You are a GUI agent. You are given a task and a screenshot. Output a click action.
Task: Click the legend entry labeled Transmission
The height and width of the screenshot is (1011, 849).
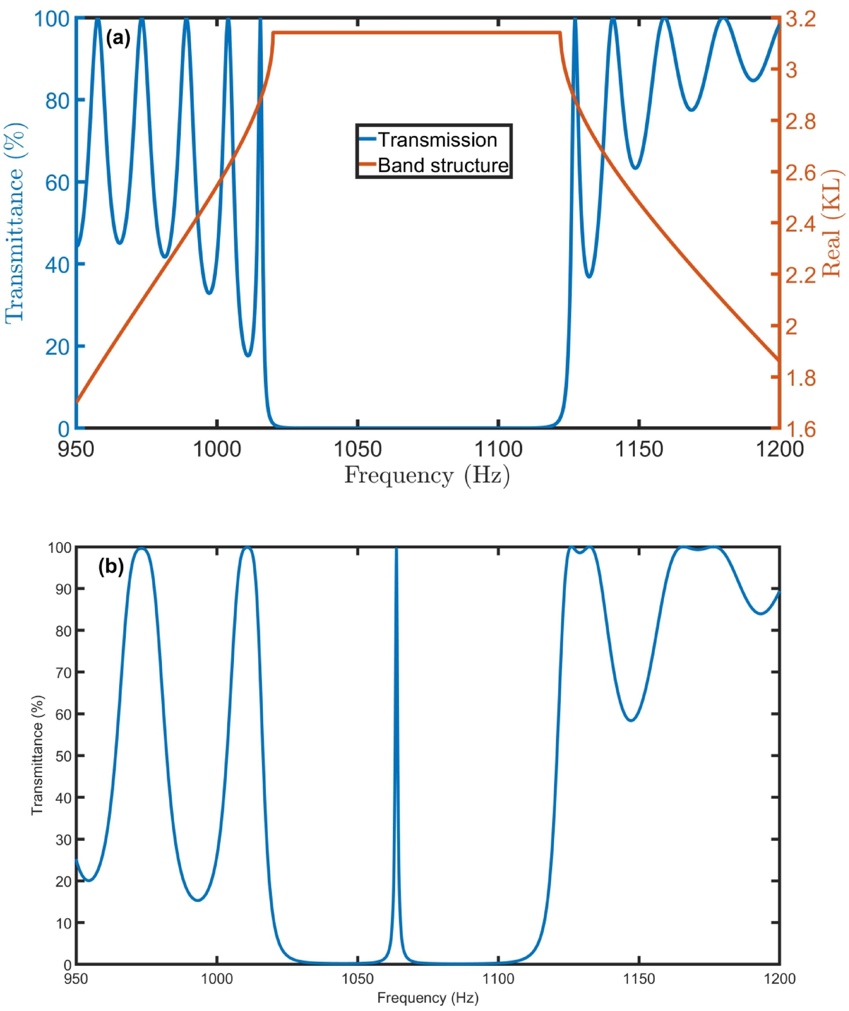(437, 140)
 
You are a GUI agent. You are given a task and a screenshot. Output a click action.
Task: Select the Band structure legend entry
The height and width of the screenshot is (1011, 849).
(443, 165)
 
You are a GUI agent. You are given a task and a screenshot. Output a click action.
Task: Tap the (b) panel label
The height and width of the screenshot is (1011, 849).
(111, 567)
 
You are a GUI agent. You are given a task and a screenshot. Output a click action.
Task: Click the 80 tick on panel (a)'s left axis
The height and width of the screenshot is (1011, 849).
(59, 100)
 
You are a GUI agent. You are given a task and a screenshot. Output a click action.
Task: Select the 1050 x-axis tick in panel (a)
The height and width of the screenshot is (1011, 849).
(357, 449)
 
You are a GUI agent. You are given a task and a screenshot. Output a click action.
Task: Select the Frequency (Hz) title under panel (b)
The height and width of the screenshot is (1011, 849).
(428, 998)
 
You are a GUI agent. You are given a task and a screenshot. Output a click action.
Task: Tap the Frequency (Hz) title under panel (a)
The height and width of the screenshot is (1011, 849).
(427, 476)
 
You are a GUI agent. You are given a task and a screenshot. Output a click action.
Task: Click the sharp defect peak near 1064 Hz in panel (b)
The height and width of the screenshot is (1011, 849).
(396, 551)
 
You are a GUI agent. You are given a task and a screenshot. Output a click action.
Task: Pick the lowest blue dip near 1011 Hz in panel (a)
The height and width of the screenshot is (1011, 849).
(247, 356)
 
